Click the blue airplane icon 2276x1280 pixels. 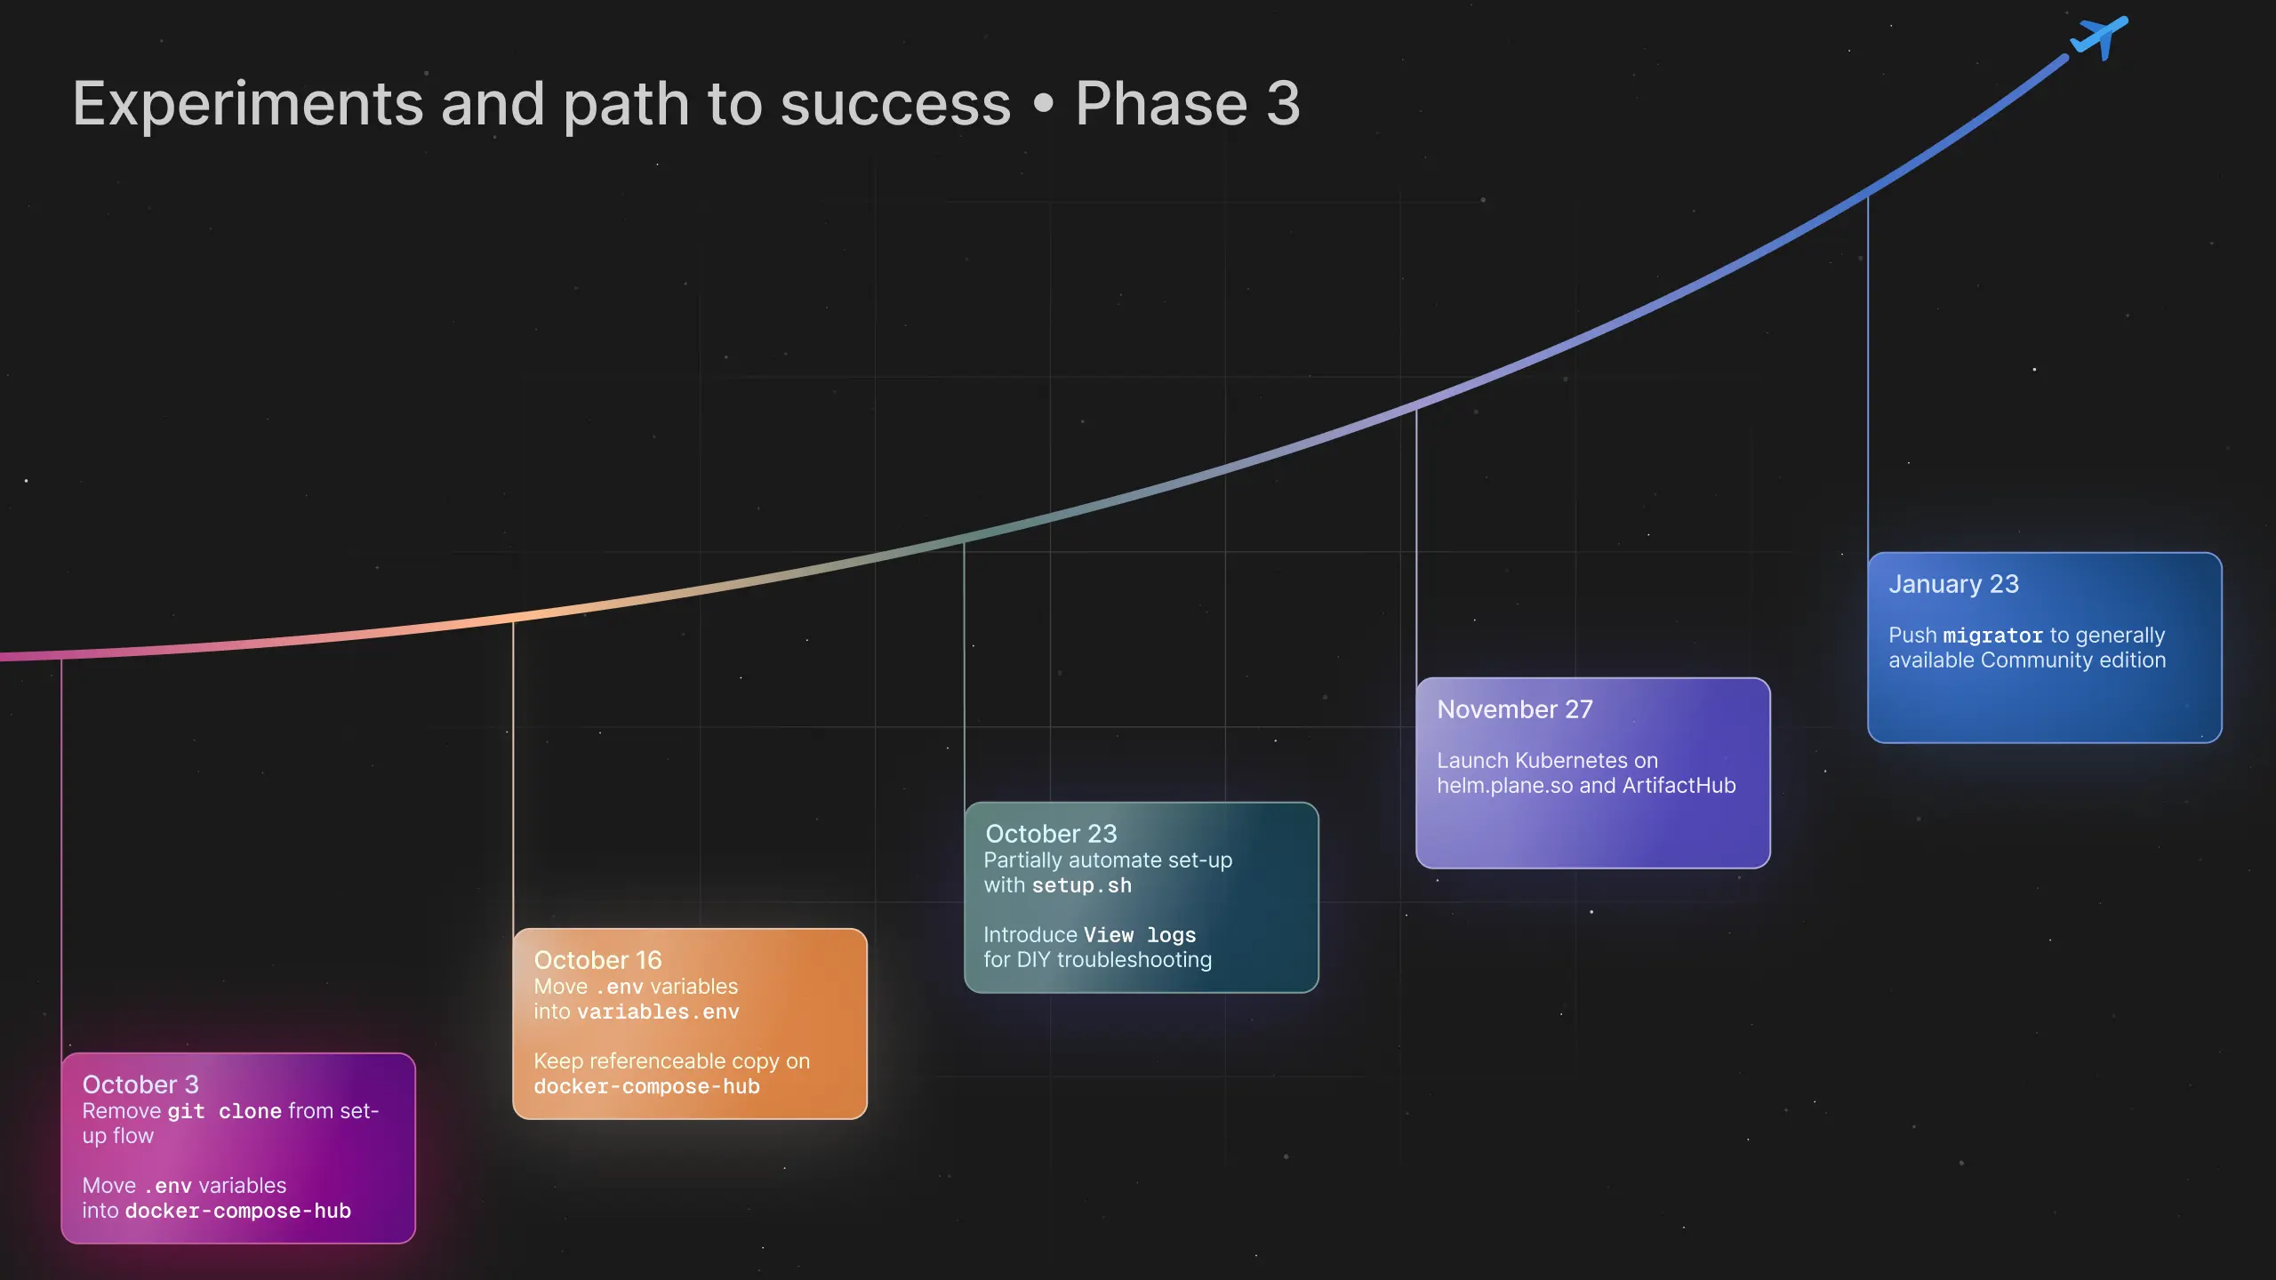point(2100,37)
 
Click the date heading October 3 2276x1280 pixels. point(140,1084)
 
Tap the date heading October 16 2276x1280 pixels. point(597,960)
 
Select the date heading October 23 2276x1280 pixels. point(1051,834)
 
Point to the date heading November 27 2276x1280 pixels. point(1515,709)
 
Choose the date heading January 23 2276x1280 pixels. point(1953,584)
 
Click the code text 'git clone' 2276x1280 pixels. point(225,1112)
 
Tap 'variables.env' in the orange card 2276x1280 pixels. point(658,1012)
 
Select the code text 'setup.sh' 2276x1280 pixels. point(1081,886)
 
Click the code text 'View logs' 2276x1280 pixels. point(1140,935)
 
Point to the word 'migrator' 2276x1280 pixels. point(1992,636)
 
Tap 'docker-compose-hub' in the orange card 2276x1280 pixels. point(646,1087)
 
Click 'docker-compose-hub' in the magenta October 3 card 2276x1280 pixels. point(237,1212)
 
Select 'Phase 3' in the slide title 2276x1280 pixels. point(1188,104)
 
